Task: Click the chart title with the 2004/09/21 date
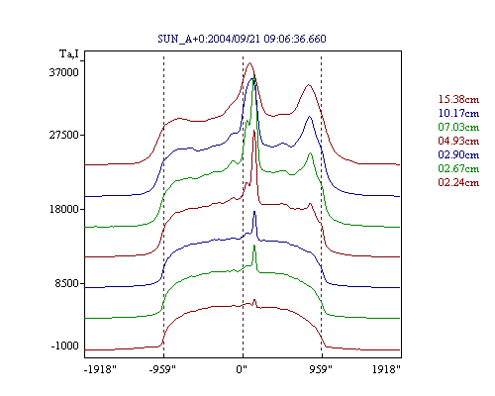tap(242, 39)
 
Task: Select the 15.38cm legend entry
tap(458, 99)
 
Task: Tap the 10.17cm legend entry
tap(458, 113)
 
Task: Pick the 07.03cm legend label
tap(458, 127)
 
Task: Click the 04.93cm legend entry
tap(458, 141)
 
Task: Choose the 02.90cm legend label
tap(458, 154)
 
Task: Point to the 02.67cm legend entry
tap(458, 168)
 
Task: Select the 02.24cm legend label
tap(458, 182)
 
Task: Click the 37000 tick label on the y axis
tap(64, 72)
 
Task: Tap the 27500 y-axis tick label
tap(64, 135)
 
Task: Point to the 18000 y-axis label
tap(64, 209)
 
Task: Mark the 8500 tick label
tap(67, 283)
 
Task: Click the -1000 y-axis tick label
tap(65, 346)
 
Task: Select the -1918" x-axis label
tap(100, 369)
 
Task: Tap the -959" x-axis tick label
tap(162, 369)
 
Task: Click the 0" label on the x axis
tap(242, 369)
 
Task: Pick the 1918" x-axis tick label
tap(386, 369)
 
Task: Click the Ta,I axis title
tap(69, 53)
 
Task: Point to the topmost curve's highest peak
tap(249, 62)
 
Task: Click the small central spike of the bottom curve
tap(254, 300)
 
